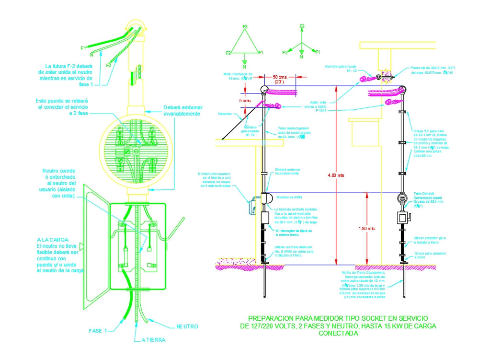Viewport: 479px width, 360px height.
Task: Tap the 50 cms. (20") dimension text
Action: click(x=279, y=79)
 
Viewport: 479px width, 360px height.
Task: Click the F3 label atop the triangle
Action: click(x=245, y=26)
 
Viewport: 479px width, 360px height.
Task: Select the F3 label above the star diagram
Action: click(x=302, y=26)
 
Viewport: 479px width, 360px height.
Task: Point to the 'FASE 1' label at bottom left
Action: click(x=99, y=331)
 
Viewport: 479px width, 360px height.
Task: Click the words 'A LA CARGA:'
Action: click(x=53, y=240)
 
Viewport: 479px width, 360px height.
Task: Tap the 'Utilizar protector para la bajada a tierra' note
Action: click(x=430, y=240)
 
